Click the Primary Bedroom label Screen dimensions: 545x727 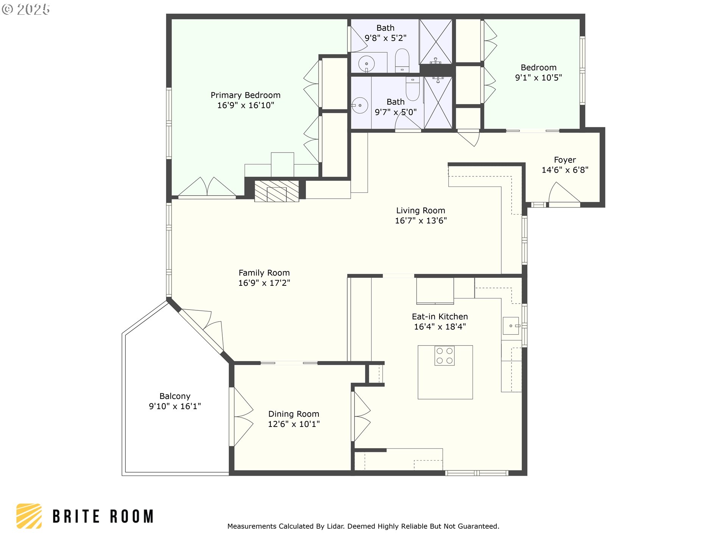pos(245,95)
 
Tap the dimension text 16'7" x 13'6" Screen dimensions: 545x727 pos(421,221)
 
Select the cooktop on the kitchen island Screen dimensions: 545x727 pos(445,356)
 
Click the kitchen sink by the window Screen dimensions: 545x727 pos(511,326)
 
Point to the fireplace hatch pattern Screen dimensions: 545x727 pos(276,191)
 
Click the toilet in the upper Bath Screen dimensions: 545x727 pos(402,60)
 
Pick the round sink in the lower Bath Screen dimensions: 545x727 pos(359,105)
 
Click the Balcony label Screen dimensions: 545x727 pos(175,396)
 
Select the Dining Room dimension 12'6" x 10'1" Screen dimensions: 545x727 pos(294,424)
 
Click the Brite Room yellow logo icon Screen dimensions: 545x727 pos(29,516)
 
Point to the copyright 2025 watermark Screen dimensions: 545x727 pos(26,9)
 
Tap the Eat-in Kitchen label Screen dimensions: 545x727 pos(440,316)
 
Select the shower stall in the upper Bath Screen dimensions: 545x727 pos(436,41)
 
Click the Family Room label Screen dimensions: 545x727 pos(264,273)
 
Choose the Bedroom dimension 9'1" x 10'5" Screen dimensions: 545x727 pos(538,78)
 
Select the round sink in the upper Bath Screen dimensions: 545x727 pos(366,64)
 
